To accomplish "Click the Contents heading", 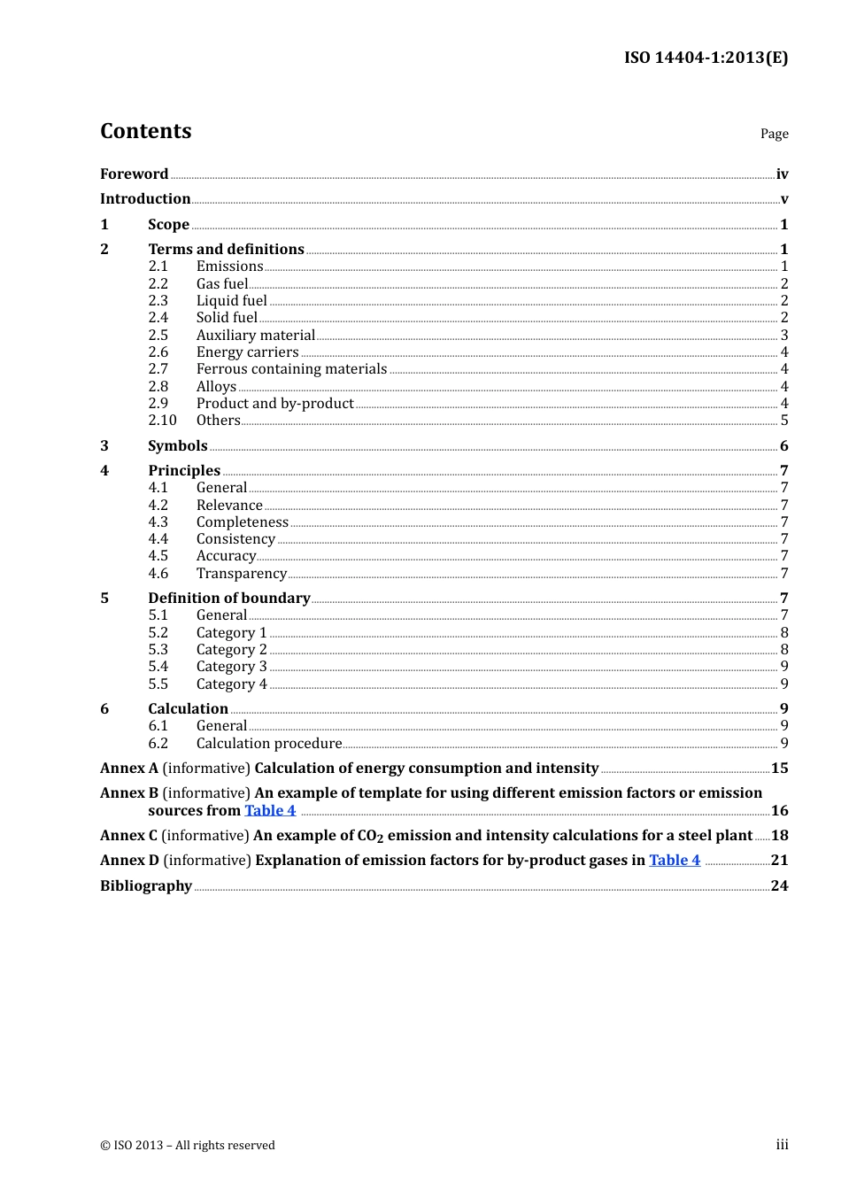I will point(145,131).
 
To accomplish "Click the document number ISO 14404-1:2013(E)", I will point(706,58).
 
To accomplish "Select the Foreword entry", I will point(134,174).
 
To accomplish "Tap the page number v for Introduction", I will point(783,199).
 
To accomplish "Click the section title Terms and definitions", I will point(226,249).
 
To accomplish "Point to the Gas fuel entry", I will point(222,283).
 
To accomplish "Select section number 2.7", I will point(158,369).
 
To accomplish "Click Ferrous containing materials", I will point(291,369).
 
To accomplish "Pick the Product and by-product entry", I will point(274,403).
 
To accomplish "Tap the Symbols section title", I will point(177,445).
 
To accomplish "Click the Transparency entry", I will point(241,574).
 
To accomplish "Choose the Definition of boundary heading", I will point(228,598).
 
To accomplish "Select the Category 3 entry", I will point(231,667).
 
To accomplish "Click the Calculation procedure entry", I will point(268,744).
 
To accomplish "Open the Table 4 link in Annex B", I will point(270,810).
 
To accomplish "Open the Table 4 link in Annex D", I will point(675,860).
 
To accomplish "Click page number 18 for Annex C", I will point(779,835).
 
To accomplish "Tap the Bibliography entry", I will point(146,885).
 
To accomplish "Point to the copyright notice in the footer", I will point(188,1145).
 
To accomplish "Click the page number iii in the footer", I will point(782,1145).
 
